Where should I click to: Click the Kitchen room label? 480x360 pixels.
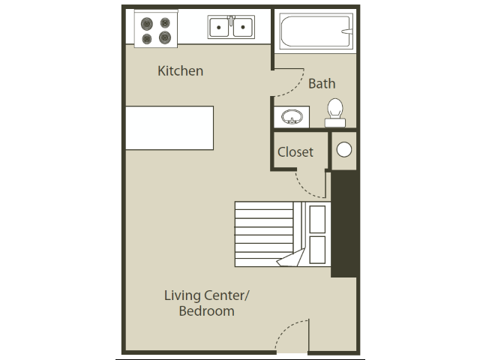coord(180,71)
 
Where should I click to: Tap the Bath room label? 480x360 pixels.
coord(322,83)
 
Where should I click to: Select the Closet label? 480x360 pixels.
coord(295,151)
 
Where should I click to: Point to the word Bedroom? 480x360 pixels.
coord(206,310)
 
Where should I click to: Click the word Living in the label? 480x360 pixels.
coord(183,295)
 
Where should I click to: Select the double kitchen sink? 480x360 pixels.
coord(231,28)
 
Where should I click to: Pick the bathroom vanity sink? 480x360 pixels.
coord(291,117)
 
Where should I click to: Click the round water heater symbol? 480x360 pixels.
coord(343,149)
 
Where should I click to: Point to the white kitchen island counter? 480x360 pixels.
coord(169,127)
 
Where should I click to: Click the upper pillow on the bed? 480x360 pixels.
coord(316,218)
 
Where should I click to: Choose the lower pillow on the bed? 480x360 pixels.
coord(316,250)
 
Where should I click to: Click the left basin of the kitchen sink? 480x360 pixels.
coord(219,28)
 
